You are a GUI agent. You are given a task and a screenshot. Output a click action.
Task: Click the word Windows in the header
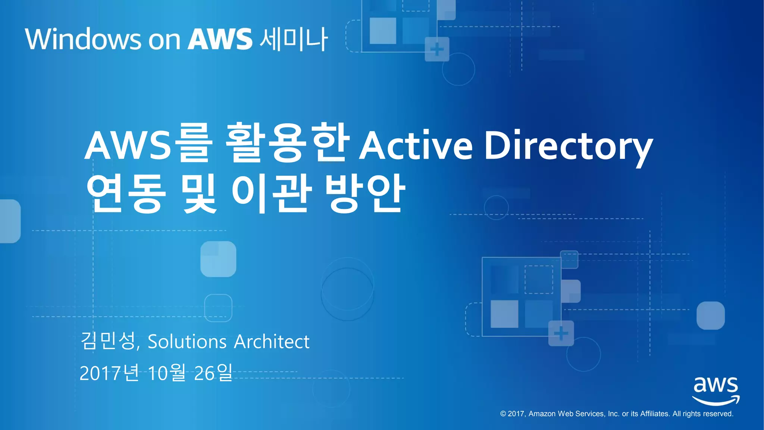[83, 39]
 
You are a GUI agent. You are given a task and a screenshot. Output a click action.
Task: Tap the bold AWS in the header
[220, 39]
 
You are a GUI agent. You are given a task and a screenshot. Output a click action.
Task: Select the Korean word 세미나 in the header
[294, 39]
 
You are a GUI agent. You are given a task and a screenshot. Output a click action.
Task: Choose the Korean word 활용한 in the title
[288, 143]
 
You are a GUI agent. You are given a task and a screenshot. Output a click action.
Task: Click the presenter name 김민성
[108, 341]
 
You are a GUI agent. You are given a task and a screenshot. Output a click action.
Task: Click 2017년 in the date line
[109, 373]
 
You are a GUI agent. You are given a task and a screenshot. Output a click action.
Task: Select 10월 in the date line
[167, 373]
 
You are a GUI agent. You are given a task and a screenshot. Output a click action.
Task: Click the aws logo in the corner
[716, 390]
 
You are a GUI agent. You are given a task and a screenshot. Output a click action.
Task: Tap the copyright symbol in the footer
[503, 414]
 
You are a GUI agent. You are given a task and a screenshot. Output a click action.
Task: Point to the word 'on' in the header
[164, 40]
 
